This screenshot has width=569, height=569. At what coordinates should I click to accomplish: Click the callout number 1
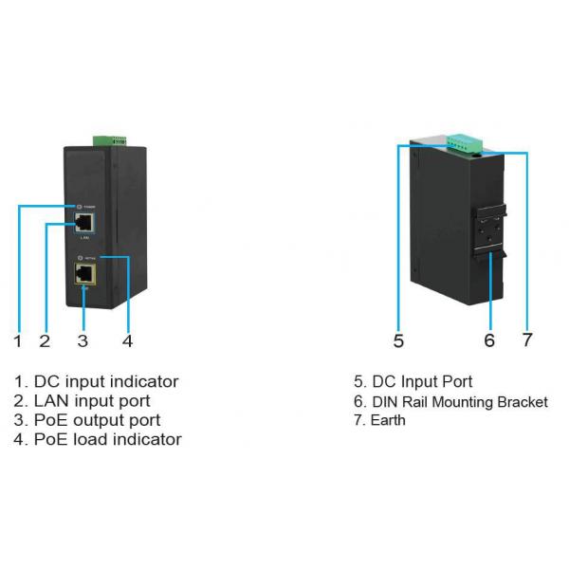pos(17,339)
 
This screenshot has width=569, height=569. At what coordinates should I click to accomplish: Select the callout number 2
pos(45,339)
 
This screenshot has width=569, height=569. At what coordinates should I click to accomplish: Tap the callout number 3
pos(83,339)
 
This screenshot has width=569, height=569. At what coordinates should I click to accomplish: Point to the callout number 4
pos(126,339)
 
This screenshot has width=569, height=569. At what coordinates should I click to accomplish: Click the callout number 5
pos(398,340)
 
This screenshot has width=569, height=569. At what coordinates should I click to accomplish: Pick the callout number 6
pos(489,340)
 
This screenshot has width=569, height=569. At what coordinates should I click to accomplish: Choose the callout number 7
pos(527,340)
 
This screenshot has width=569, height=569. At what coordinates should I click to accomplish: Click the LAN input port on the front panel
pos(83,224)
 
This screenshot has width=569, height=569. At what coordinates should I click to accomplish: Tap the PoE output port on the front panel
pos(83,274)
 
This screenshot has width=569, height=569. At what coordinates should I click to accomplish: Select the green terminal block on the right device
pos(461,142)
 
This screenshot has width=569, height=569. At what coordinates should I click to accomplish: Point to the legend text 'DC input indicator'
pos(105,381)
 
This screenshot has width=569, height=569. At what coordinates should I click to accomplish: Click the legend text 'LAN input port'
pos(92,400)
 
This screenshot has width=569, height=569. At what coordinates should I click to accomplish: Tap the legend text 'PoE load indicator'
pos(107,439)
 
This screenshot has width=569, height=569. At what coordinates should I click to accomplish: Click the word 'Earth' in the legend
pos(388,420)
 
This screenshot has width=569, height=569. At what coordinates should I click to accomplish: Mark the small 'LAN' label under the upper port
pos(83,239)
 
